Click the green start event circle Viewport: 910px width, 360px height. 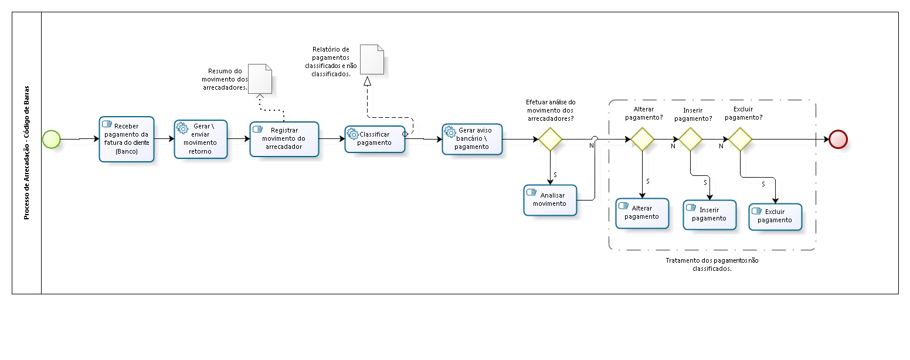point(51,139)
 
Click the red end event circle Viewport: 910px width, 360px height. point(838,139)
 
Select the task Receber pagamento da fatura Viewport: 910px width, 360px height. point(126,139)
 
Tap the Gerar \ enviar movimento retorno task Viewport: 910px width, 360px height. point(201,139)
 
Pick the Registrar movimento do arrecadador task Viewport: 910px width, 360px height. point(284,139)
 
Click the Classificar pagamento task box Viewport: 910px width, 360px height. point(375,139)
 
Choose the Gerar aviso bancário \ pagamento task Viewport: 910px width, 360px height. point(472,138)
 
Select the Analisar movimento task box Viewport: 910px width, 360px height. point(550,200)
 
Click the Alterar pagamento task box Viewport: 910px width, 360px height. point(642,213)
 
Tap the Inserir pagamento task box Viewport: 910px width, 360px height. point(709,215)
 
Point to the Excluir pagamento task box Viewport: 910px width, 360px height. point(775,216)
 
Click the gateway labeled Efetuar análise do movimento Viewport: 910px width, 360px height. point(550,139)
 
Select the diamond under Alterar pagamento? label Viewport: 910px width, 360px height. point(642,139)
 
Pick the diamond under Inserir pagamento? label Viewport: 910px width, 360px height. point(690,139)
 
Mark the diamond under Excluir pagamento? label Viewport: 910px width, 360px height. point(740,139)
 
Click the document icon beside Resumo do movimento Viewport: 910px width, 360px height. point(260,79)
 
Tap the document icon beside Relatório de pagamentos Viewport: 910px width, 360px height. point(372,59)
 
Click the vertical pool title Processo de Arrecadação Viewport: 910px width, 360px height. point(26,153)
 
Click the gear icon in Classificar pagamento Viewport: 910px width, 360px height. point(353,134)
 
